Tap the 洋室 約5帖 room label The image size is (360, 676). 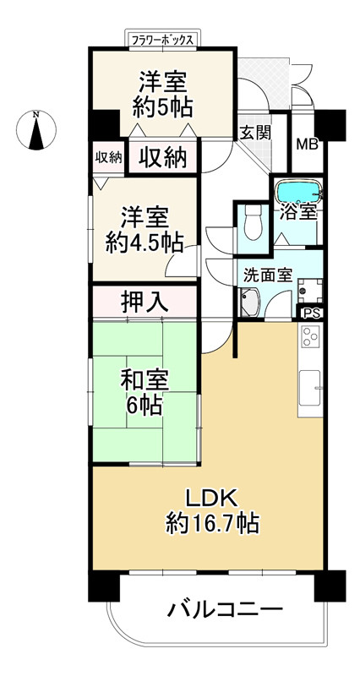163,95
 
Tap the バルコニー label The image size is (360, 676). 224,609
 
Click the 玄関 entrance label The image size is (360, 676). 254,132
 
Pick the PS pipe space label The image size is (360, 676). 312,313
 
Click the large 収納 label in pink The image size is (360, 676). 162,157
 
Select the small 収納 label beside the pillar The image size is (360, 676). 108,157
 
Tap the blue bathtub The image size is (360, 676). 297,191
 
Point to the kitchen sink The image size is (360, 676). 310,390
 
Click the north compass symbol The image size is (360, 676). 36,132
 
